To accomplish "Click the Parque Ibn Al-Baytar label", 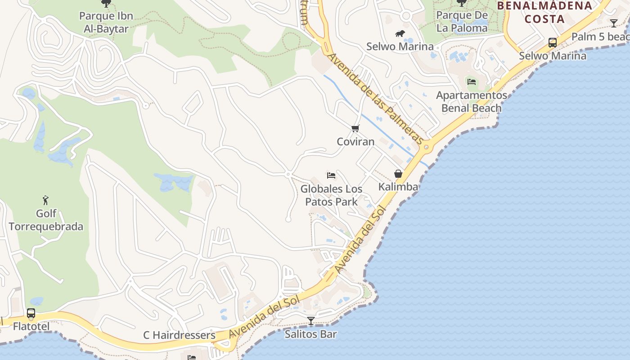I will [106, 22].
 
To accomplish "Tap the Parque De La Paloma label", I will [462, 22].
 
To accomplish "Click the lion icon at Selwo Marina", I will [400, 34].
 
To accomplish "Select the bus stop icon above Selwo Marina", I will [552, 43].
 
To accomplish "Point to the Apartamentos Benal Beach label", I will [471, 102].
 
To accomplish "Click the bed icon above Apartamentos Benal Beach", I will [471, 81].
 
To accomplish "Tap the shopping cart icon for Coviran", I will [355, 129].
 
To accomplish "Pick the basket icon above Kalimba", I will [398, 174].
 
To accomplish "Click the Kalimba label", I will [398, 187].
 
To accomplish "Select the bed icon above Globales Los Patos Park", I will [331, 175].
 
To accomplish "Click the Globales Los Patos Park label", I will [331, 195].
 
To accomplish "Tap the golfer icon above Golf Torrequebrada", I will [45, 200].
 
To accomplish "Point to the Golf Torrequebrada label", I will [46, 220].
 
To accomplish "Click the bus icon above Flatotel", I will [31, 313].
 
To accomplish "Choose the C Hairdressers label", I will [179, 335].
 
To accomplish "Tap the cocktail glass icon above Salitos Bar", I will [310, 321].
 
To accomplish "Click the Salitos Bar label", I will [310, 334].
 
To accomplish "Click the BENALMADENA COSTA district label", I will [544, 12].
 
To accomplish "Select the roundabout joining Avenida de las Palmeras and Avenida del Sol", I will [426, 147].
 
